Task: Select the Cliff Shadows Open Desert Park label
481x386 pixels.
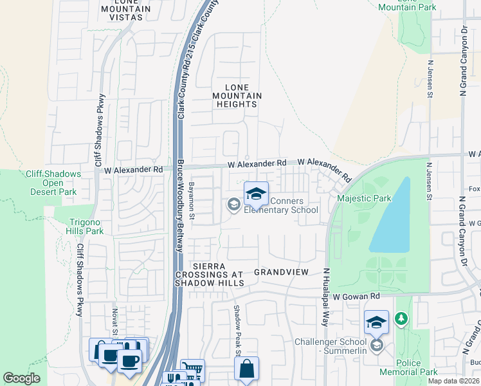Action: (x=53, y=183)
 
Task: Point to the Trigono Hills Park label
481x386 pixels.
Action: (x=86, y=226)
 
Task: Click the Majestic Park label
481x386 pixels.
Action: (x=364, y=199)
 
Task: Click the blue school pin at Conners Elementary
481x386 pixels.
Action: (x=256, y=194)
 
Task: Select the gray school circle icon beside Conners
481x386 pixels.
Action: (x=233, y=205)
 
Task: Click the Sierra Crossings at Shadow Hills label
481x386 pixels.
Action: (x=217, y=275)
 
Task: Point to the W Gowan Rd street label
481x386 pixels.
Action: (x=357, y=296)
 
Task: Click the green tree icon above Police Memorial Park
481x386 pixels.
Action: (x=401, y=318)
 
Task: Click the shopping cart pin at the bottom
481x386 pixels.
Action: (x=192, y=370)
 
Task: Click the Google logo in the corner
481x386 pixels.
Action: (x=22, y=378)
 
